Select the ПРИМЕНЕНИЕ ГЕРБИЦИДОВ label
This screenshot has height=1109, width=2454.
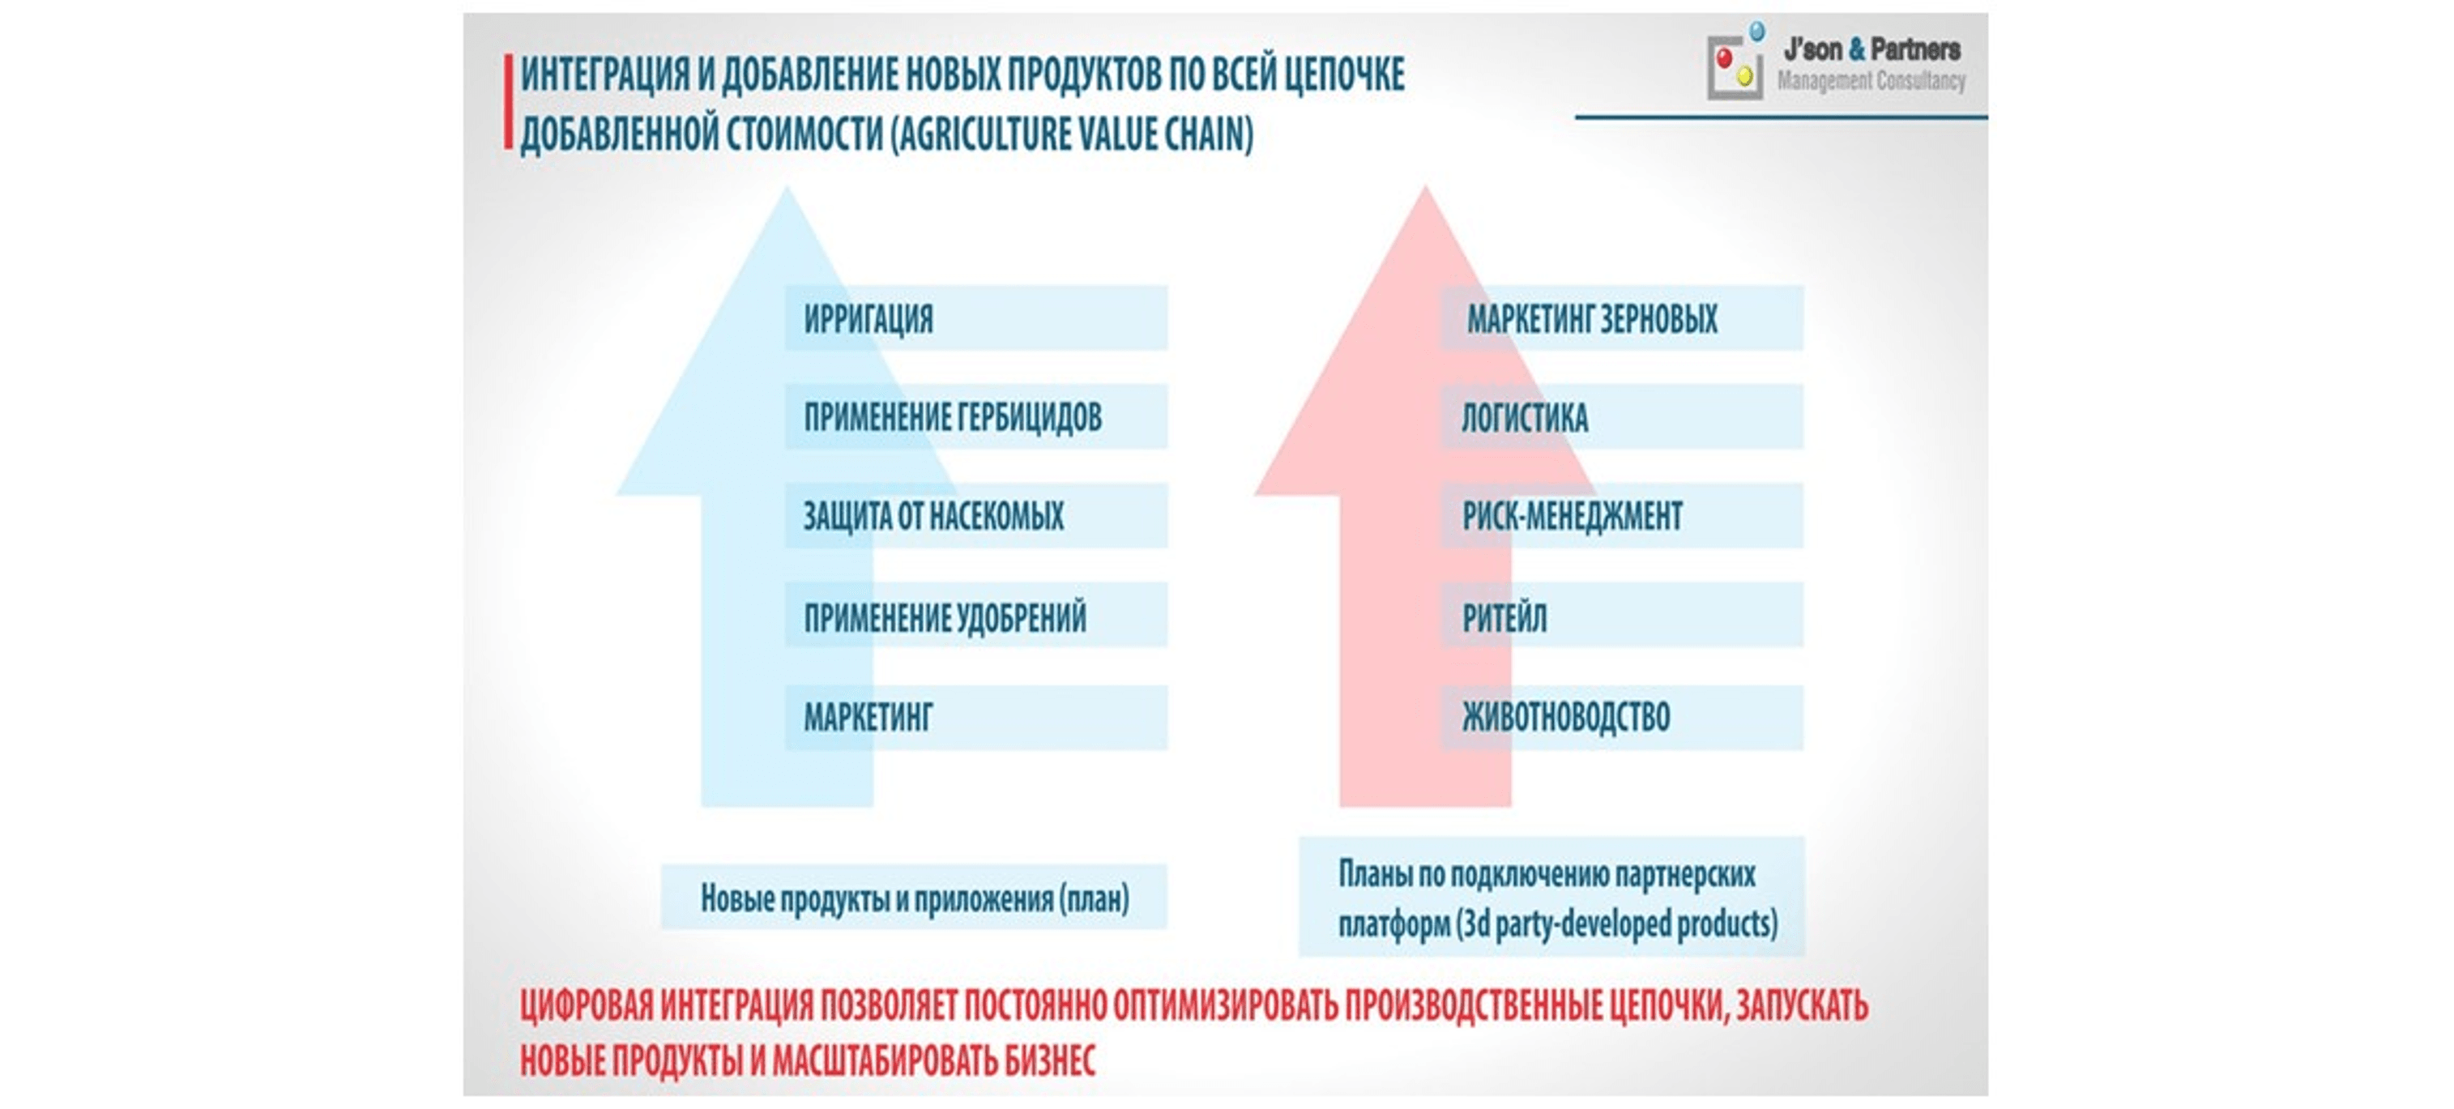(x=953, y=417)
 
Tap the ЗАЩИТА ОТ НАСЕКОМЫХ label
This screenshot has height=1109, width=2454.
(x=933, y=516)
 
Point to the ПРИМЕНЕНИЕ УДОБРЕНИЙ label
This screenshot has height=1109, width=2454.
(x=945, y=617)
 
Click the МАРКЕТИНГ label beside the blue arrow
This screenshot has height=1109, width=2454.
(x=868, y=716)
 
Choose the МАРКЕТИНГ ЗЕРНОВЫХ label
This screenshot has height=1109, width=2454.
(x=1592, y=318)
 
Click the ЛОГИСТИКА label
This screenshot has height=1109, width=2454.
(x=1526, y=417)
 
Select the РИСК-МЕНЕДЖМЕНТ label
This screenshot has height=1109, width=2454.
(x=1573, y=516)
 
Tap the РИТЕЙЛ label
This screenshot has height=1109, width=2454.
(x=1504, y=617)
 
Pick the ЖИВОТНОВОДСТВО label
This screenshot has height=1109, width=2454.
(x=1566, y=716)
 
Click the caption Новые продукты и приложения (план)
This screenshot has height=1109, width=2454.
(x=915, y=898)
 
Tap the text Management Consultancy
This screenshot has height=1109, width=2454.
(x=1871, y=81)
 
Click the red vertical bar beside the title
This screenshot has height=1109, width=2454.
(x=509, y=101)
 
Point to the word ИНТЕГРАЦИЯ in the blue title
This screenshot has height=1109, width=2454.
(x=605, y=75)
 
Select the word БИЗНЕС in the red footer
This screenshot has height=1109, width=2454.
(x=1050, y=1060)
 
